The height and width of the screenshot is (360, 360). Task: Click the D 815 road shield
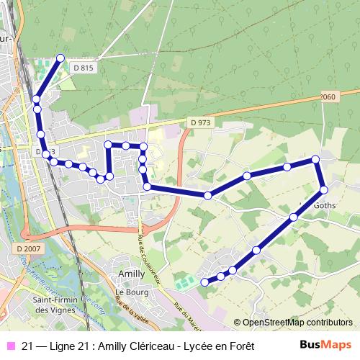(84, 67)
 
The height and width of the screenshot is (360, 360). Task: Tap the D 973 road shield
(201, 123)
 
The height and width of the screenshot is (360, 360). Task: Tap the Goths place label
(325, 204)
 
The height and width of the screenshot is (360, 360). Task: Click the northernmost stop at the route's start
(60, 58)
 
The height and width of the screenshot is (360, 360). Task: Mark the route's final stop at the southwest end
(204, 282)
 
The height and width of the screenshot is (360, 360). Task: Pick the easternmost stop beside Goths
(323, 189)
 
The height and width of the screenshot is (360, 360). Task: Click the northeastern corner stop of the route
(315, 159)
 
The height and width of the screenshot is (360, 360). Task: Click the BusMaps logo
(325, 346)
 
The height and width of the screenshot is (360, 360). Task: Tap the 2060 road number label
(327, 97)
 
